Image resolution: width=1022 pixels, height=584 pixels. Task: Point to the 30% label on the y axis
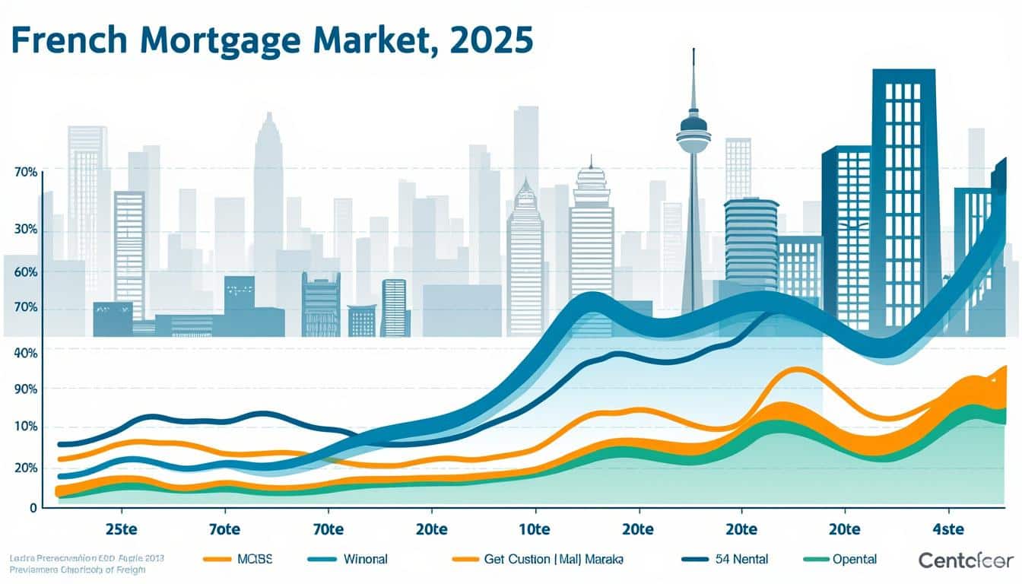click(25, 231)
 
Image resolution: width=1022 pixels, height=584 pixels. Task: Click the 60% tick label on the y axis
click(25, 271)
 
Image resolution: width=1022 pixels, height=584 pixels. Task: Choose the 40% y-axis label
click(25, 353)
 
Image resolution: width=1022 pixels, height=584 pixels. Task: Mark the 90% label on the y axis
click(25, 389)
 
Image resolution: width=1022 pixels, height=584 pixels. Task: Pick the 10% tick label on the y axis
click(25, 427)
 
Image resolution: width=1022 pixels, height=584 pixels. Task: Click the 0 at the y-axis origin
click(33, 507)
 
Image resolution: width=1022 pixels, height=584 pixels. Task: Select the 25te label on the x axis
click(121, 528)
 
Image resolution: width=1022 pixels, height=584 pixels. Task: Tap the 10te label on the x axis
click(534, 528)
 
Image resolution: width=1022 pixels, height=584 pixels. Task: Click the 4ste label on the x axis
click(947, 528)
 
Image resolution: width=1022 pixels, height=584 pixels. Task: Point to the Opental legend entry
click(854, 559)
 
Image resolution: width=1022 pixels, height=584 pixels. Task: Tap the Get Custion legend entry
click(554, 559)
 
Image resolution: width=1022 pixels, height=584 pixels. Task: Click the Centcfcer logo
click(966, 560)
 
